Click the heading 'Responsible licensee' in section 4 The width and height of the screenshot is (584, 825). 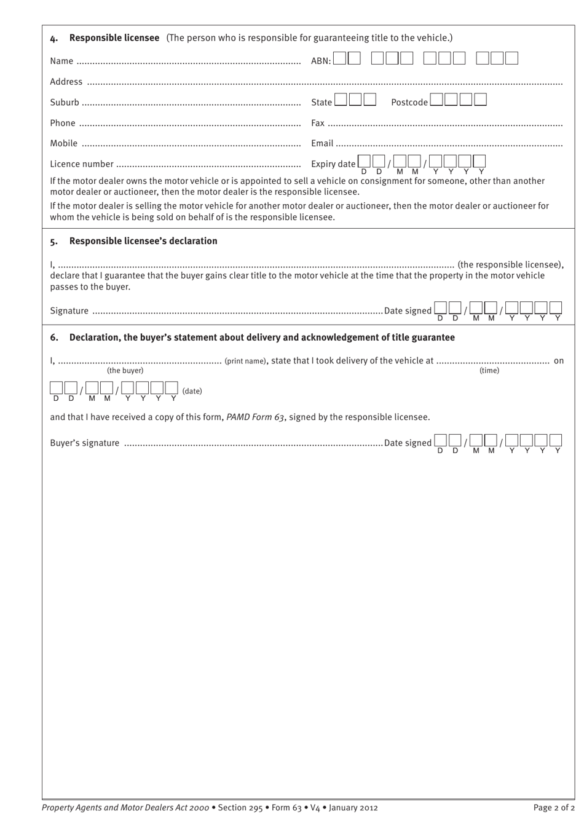tap(114, 37)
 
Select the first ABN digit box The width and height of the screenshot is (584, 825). tap(340, 58)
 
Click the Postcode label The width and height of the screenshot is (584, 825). tap(409, 102)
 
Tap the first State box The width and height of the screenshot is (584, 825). tap(341, 100)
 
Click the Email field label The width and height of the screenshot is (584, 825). tap(322, 143)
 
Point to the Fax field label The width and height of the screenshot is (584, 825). tap(318, 123)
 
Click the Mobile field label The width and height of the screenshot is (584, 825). tap(64, 143)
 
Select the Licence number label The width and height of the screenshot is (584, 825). tap(82, 164)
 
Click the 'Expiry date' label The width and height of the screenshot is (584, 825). tap(333, 164)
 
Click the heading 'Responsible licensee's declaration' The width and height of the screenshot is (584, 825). tap(143, 241)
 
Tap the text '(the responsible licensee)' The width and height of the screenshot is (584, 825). tap(510, 265)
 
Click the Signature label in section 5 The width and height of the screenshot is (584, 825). tap(69, 310)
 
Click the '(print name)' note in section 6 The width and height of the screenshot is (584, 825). tap(245, 361)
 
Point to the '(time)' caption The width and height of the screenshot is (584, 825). tap(489, 371)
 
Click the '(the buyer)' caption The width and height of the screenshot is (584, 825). tap(125, 371)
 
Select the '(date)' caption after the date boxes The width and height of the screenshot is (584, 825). tap(192, 391)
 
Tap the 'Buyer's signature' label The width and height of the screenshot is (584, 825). tap(85, 443)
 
